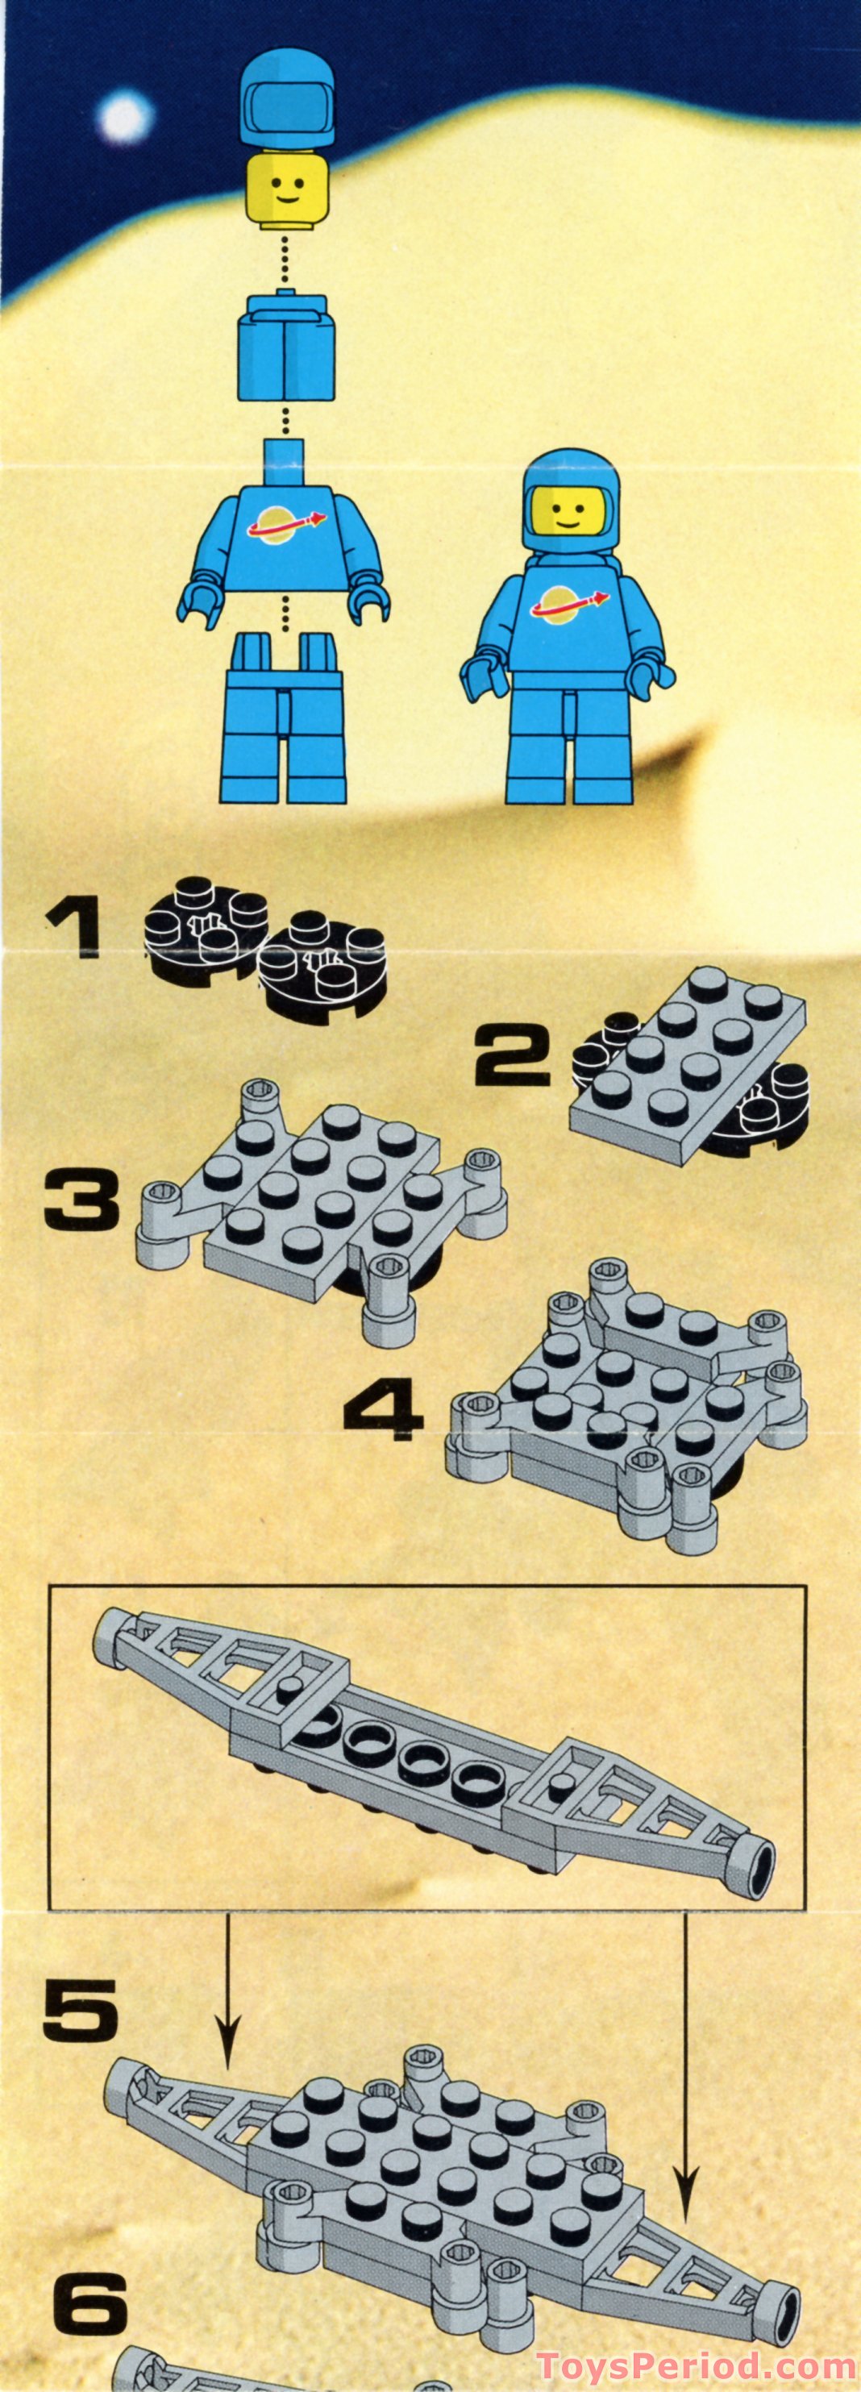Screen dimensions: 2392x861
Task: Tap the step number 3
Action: [81, 1200]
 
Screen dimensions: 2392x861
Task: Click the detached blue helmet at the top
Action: [287, 104]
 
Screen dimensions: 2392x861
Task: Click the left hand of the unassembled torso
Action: [198, 607]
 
